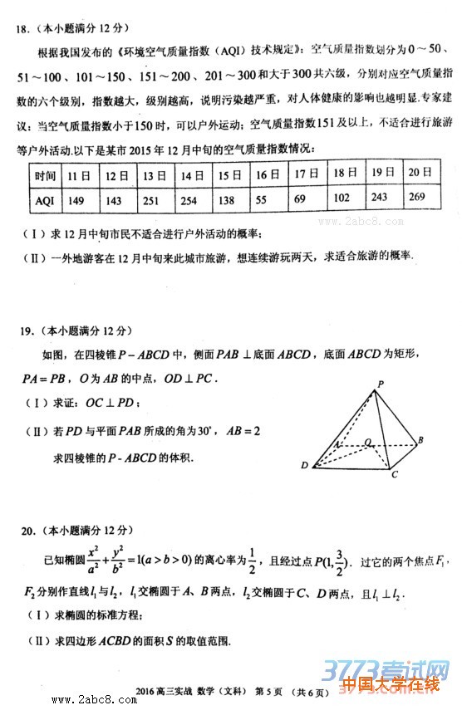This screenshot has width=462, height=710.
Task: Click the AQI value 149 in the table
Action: tap(76, 200)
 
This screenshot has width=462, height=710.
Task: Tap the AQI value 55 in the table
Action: tap(262, 199)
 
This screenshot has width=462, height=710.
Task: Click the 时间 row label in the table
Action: tap(45, 177)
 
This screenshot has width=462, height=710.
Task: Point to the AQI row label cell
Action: tap(45, 200)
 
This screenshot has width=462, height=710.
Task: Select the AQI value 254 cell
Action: tap(189, 200)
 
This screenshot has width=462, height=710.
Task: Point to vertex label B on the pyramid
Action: tap(421, 439)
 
